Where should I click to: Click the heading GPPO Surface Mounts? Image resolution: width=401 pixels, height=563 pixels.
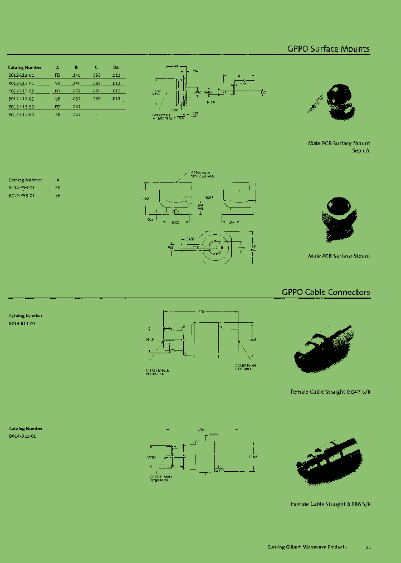click(x=328, y=49)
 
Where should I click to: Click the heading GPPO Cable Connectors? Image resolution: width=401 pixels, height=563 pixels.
click(x=325, y=292)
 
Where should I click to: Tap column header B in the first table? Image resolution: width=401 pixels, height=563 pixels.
click(x=76, y=67)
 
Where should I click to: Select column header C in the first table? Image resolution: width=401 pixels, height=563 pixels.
click(x=96, y=67)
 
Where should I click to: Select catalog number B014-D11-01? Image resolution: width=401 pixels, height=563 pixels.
click(x=22, y=436)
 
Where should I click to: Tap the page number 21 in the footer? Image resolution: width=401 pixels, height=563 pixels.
click(x=368, y=547)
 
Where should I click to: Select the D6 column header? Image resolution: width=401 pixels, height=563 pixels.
click(x=116, y=67)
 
